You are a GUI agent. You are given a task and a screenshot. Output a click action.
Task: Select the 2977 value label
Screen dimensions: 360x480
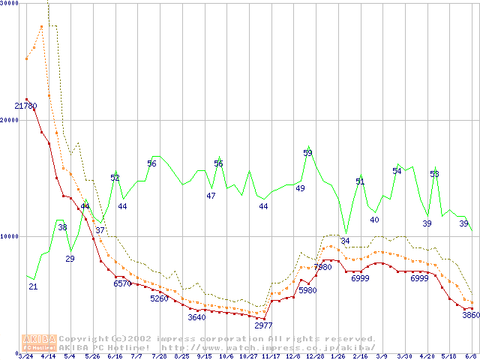[x=263, y=325]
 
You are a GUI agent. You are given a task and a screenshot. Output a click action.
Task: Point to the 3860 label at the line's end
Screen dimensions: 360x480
[x=470, y=315]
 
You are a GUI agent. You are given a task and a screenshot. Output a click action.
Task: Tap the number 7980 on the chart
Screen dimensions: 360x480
[x=322, y=267]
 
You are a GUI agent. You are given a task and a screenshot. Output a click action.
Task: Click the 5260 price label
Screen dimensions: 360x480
[x=159, y=298]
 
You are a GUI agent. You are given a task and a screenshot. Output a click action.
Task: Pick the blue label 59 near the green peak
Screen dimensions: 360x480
[x=307, y=153]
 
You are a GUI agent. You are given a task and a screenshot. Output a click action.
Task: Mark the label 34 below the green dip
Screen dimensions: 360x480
[x=345, y=241]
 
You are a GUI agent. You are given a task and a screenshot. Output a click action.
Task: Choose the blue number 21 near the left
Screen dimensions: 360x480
[x=33, y=286]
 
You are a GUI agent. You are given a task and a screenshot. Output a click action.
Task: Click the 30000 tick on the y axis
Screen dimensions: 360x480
[x=9, y=4]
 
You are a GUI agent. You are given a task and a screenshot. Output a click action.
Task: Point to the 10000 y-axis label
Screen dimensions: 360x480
[x=9, y=236]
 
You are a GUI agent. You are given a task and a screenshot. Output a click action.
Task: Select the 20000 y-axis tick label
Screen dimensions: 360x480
[x=9, y=120]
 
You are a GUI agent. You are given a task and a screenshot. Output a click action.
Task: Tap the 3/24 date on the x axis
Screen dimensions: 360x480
[x=26, y=356]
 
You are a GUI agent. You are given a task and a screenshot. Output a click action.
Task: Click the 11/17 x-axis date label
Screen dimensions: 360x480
[x=270, y=356]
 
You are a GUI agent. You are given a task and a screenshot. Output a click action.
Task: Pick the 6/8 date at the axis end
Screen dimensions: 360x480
[x=470, y=356]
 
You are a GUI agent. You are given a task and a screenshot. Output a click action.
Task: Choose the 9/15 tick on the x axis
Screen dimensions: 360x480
[x=203, y=356]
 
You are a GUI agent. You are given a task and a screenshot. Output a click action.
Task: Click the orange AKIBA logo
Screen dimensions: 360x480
[x=40, y=342]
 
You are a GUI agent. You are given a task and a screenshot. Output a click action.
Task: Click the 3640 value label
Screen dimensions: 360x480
[x=196, y=317]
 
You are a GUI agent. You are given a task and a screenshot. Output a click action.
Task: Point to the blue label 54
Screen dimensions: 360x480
[x=397, y=171]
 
